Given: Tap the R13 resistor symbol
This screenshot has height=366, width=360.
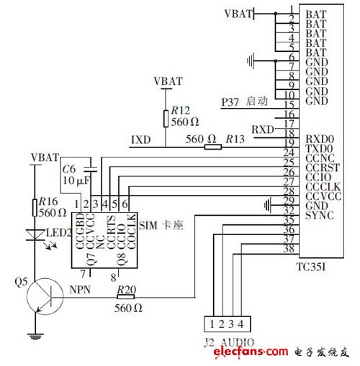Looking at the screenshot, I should (x=212, y=147).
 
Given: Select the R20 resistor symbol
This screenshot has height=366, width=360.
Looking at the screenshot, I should (x=127, y=295).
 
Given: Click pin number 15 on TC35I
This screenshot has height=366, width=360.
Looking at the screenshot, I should (x=288, y=104).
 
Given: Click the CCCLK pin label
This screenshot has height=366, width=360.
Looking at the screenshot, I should (x=321, y=185).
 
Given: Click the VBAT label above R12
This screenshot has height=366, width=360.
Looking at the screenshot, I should (x=168, y=81).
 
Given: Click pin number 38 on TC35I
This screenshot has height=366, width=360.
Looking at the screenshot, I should (x=288, y=250).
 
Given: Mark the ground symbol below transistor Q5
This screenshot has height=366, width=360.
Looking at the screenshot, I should (x=33, y=335).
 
